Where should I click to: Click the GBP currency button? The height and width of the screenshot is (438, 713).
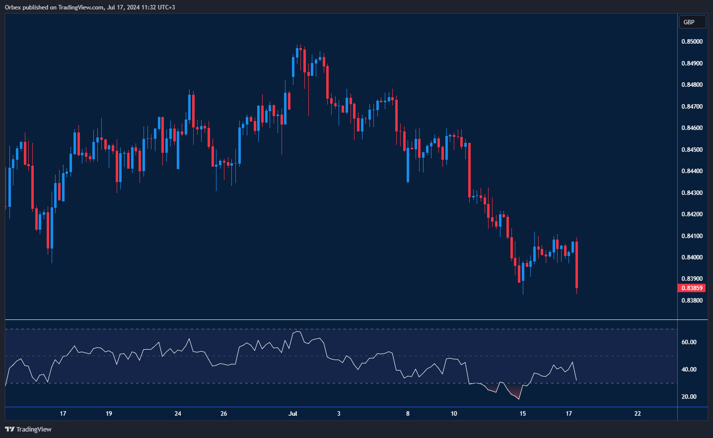pos(692,22)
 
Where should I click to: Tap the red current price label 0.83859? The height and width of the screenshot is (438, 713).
pos(691,288)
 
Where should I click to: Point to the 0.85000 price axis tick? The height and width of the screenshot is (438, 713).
pos(692,42)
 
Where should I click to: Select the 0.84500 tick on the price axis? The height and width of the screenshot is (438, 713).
pos(692,150)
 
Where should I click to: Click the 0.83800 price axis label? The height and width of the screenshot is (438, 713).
pos(692,301)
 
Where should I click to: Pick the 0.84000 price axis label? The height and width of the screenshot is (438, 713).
pos(692,257)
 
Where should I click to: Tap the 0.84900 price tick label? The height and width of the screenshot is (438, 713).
pos(692,63)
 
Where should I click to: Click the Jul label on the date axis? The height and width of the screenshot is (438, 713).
pos(293,414)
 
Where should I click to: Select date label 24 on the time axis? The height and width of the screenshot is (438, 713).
pos(178,414)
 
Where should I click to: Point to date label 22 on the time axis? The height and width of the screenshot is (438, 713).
pos(638,414)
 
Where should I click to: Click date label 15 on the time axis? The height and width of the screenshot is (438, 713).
pos(522,414)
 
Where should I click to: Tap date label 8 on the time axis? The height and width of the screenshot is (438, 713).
pos(408,414)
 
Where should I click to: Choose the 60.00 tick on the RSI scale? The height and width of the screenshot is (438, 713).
pos(689,342)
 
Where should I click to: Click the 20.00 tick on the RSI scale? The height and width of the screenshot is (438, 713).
pos(689,397)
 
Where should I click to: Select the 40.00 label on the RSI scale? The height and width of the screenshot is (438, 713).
pos(689,370)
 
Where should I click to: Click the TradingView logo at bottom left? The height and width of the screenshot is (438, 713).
pos(28,429)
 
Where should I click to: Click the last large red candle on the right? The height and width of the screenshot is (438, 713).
pos(576,265)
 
